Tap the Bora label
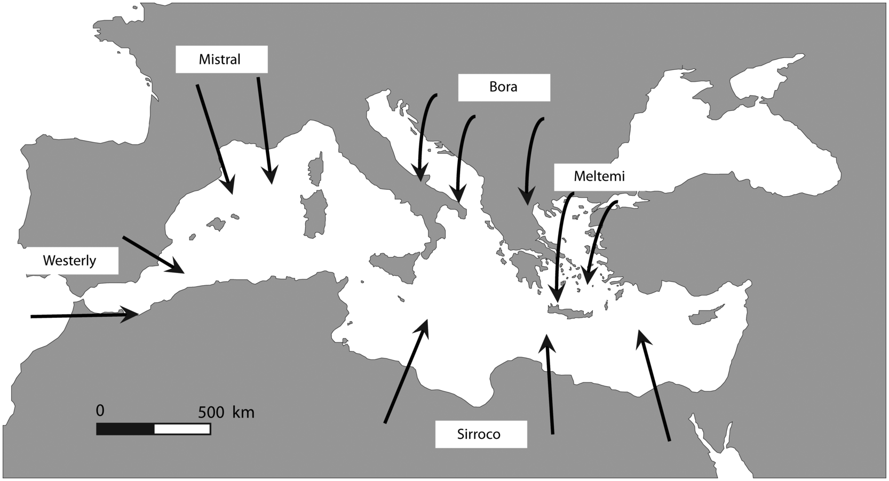coord(503,87)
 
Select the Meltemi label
coord(599,177)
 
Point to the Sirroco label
coord(479,434)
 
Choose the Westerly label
coord(70,261)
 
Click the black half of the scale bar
coord(125,429)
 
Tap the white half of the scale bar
coord(182,429)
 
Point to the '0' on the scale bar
coord(100,411)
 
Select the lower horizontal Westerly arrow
coord(80,316)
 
